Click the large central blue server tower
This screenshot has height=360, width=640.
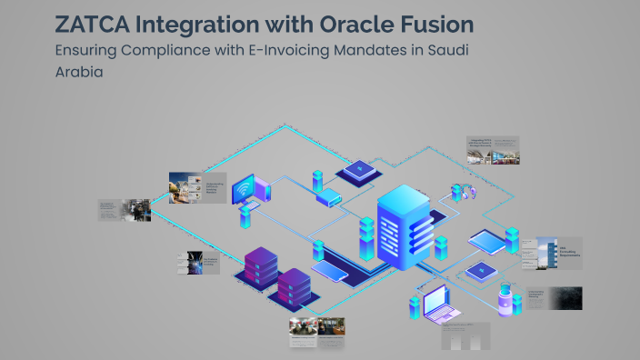(401, 227)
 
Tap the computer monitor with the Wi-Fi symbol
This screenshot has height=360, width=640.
(244, 191)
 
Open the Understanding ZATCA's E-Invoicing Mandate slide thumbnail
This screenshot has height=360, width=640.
(196, 187)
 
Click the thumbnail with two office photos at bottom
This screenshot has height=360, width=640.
(317, 333)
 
